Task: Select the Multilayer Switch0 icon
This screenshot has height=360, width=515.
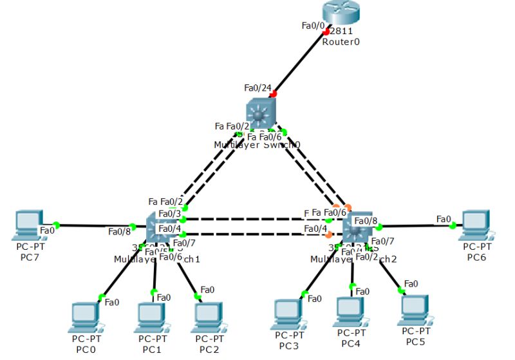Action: (260, 115)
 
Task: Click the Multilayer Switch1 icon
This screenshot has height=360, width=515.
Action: (161, 227)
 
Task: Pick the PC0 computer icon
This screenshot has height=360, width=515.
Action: (85, 315)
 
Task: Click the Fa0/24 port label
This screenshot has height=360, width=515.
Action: (258, 88)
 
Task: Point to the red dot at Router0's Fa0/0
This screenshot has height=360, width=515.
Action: (327, 32)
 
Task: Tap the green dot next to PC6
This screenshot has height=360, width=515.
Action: (453, 225)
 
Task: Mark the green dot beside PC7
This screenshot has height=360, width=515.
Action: (56, 225)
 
